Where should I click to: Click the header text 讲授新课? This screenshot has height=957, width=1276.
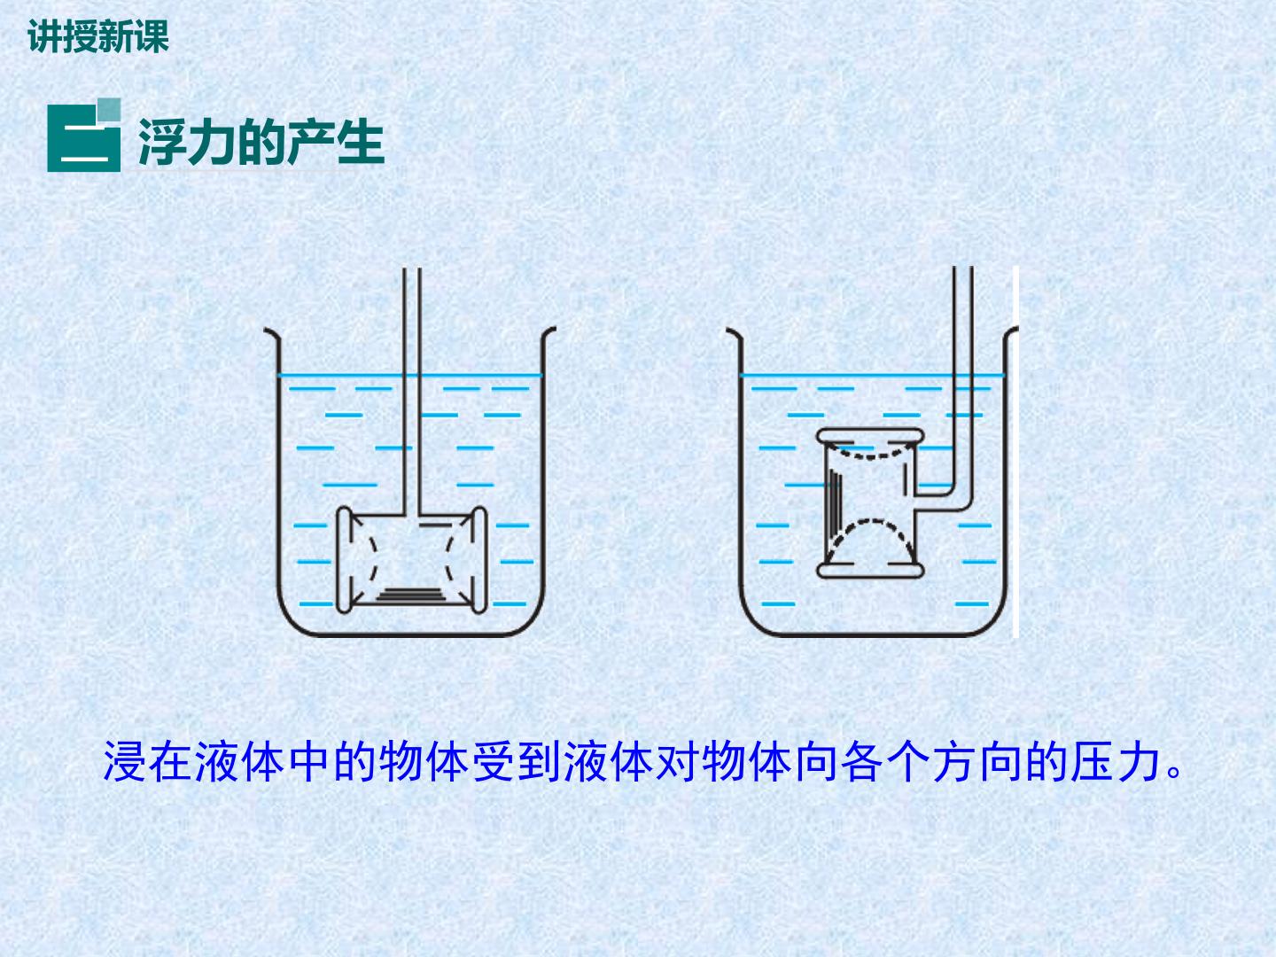98,36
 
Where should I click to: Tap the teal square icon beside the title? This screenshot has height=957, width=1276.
83,136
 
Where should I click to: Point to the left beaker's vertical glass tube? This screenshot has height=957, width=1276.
412,392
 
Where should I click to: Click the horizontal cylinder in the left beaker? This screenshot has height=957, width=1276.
412,560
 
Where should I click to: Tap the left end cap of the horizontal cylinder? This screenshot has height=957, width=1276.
344,560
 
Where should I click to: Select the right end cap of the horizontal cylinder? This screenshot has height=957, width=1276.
480,560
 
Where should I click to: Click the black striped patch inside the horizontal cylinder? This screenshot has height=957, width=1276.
410,595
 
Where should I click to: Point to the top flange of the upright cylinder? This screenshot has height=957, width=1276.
870,436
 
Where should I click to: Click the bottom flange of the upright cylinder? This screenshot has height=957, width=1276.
870,571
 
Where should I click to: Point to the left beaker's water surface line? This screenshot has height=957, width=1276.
410,376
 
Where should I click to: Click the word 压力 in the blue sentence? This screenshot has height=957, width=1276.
1116,762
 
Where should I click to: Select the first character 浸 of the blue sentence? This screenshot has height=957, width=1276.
124,762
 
